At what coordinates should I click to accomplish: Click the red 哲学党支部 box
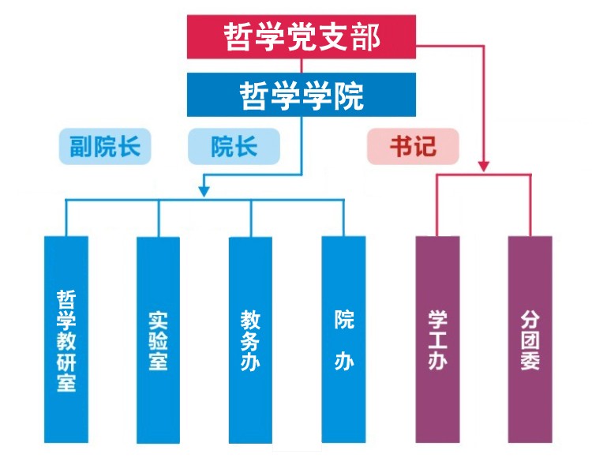[302, 37]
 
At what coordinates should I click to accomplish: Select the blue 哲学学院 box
[302, 96]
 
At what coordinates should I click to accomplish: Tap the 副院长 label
[105, 147]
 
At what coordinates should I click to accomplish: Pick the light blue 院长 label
[234, 147]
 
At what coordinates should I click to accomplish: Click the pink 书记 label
[412, 147]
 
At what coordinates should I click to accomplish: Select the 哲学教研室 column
[66, 340]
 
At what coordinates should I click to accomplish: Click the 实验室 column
[158, 340]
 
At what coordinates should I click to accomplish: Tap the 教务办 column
[250, 340]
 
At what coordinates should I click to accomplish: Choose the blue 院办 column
[343, 340]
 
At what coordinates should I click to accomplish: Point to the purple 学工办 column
[437, 340]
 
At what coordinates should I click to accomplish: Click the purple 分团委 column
[530, 340]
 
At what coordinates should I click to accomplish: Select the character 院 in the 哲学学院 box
[348, 96]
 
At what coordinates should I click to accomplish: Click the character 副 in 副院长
[81, 147]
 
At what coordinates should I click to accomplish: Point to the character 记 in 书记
[424, 147]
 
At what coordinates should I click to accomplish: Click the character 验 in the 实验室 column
[158, 341]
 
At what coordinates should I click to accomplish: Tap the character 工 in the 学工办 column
[437, 341]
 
